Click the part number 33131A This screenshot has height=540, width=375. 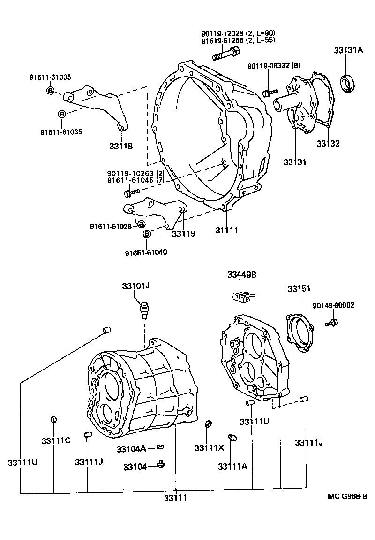[x=348, y=50]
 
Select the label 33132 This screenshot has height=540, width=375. [x=327, y=143]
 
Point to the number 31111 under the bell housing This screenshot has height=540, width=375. [x=227, y=231]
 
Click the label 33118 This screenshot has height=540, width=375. [x=121, y=146]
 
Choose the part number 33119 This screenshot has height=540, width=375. [x=183, y=233]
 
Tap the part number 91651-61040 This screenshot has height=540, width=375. [x=146, y=252]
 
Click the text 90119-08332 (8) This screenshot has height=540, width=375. [x=274, y=66]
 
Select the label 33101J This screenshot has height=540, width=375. [x=135, y=285]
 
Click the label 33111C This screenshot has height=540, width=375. [x=55, y=440]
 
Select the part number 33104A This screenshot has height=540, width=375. [x=131, y=449]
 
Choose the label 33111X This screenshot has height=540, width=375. [x=209, y=448]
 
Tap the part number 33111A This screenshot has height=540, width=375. [x=232, y=466]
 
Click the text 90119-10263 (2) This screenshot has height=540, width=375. [x=135, y=173]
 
